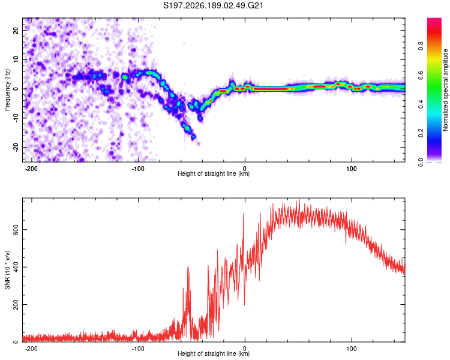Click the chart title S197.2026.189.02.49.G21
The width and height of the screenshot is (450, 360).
[x=213, y=5]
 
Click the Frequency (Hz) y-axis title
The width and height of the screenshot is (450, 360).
[x=7, y=90]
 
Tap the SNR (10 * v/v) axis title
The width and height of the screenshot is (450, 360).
[x=7, y=270]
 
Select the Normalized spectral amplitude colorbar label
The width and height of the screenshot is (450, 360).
[x=445, y=90]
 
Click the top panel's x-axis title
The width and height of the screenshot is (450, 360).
[x=214, y=173]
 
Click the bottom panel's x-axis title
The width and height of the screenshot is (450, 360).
[x=214, y=353]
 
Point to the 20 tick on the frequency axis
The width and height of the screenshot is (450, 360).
[x=16, y=30]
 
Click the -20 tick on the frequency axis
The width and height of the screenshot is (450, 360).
[x=16, y=147]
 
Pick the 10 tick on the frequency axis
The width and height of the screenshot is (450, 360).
[x=16, y=59]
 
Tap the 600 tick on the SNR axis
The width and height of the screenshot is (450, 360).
[x=16, y=230]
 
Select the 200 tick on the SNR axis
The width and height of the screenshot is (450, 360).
[x=16, y=304]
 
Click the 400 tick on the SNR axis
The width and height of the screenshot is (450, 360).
[x=16, y=267]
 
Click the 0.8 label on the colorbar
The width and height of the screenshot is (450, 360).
[x=421, y=46]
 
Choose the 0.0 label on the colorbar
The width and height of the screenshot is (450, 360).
[x=421, y=163]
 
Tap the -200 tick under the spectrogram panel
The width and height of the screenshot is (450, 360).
[x=31, y=169]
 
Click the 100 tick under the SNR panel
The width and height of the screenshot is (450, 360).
[x=351, y=349]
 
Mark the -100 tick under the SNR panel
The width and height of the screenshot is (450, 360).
[x=138, y=349]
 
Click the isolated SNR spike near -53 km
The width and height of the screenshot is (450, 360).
[x=188, y=290]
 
